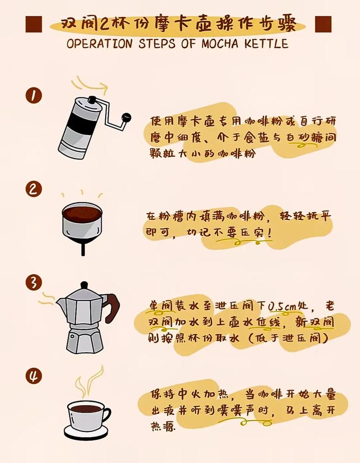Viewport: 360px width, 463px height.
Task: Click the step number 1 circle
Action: (34, 95)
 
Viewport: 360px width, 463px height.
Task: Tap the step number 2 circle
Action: (33, 189)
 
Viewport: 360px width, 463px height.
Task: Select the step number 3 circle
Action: (34, 282)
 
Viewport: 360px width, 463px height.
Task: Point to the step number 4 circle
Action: (34, 376)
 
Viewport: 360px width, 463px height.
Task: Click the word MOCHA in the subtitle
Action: (220, 44)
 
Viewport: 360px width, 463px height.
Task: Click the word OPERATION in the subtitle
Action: (99, 44)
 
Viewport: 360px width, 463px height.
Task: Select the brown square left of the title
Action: (34, 24)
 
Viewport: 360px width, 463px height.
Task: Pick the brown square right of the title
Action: (324, 24)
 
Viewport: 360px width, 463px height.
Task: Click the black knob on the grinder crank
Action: (126, 117)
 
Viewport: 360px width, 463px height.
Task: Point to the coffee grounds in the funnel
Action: (82, 212)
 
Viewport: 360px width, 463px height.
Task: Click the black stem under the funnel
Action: (83, 249)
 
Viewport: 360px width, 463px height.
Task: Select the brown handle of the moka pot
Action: (112, 308)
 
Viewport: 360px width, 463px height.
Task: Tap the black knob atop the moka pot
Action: (85, 285)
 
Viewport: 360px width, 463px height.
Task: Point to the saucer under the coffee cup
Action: (86, 432)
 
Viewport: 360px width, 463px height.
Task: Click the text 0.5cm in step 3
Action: (282, 306)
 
